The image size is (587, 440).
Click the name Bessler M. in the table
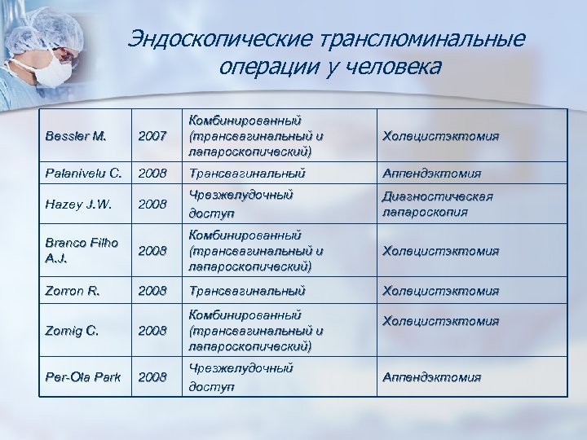coord(76,135)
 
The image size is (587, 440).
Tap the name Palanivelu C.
coord(82,173)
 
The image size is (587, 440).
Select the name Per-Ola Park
coord(82,376)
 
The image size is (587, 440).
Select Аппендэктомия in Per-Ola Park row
coord(431,376)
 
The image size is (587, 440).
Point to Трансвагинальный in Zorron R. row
coord(246,290)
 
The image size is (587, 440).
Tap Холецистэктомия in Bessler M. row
coord(440,135)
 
